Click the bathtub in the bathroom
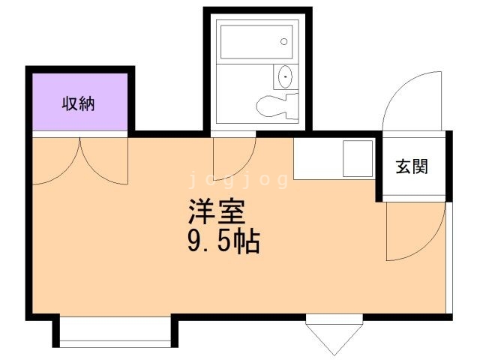click(255, 41)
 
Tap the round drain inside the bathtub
click(284, 41)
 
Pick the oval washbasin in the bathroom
click(285, 77)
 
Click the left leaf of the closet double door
click(56, 161)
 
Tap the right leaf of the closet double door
click(105, 161)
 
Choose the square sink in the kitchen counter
click(358, 158)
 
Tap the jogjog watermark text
click(241, 180)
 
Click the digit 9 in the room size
click(194, 242)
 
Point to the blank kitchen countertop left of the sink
click(318, 158)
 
